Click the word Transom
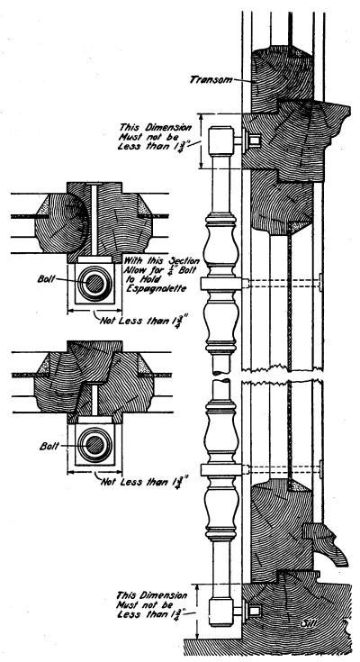(211, 79)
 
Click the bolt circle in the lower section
(95, 447)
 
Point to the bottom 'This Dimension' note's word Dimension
(163, 595)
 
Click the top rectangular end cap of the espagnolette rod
(221, 141)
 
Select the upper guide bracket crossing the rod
(222, 283)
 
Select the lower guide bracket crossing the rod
(222, 469)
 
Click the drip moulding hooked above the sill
(326, 542)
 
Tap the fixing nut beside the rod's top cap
(255, 141)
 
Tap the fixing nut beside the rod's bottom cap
(255, 611)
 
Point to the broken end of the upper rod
(220, 371)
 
